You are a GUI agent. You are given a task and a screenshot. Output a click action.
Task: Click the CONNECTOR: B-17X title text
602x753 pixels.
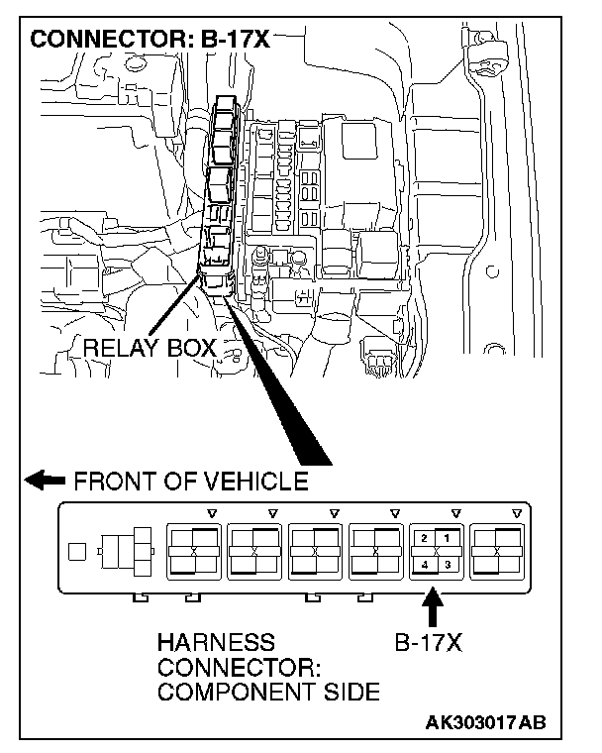coord(150,41)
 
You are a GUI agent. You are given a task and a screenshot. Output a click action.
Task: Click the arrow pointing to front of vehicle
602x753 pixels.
coord(44,482)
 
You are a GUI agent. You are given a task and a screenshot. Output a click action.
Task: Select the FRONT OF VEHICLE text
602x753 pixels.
coord(190,482)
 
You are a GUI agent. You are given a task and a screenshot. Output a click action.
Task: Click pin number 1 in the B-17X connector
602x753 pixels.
coord(447,538)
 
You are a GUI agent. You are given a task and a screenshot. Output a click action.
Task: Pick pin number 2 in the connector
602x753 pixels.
coord(424,538)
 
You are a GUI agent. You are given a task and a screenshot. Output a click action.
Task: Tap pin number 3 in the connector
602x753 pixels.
coord(448,564)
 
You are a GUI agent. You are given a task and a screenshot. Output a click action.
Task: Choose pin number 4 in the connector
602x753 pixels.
coord(424,564)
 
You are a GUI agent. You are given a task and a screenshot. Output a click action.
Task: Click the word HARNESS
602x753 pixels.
coord(216,641)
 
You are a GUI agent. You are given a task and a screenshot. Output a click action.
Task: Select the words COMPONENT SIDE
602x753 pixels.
coord(268,693)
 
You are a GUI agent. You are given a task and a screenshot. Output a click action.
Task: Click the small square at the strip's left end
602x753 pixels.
coord(75,551)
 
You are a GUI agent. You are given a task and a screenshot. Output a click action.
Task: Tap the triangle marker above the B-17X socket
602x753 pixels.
coord(455,513)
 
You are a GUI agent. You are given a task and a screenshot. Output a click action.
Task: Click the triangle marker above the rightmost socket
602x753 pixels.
coord(517,513)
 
